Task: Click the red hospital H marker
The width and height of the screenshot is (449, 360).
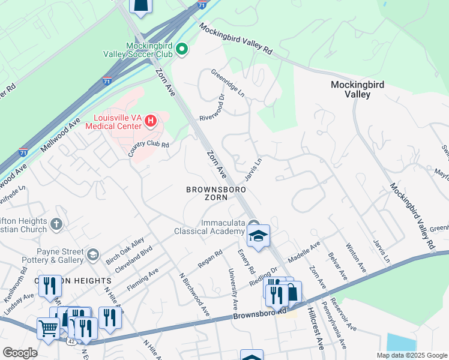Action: pos(151,121)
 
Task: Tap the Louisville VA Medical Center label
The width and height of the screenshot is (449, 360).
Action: pos(118,121)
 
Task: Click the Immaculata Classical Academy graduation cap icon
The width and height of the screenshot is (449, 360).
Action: pos(259,236)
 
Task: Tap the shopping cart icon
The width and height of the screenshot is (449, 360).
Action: pos(48,328)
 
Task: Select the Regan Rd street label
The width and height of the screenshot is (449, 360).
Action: pos(209,259)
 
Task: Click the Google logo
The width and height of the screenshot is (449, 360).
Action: pos(20,353)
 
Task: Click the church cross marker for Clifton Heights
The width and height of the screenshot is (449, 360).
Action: pos(56,224)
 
